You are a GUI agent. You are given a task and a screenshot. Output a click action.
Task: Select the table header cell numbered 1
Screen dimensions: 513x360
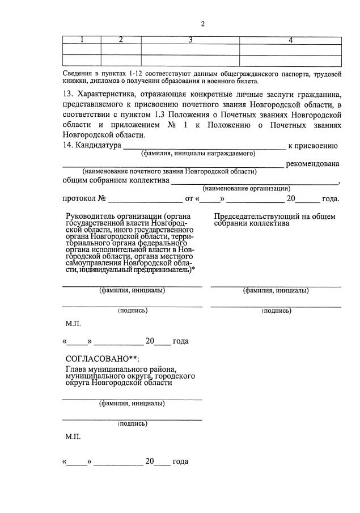pyautogui.click(x=82, y=40)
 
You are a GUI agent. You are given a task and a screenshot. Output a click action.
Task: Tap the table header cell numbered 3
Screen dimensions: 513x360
pyautogui.click(x=190, y=40)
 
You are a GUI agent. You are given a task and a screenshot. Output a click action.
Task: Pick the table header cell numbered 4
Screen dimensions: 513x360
pyautogui.click(x=290, y=40)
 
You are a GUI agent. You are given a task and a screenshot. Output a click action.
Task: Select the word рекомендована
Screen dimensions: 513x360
pyautogui.click(x=313, y=164)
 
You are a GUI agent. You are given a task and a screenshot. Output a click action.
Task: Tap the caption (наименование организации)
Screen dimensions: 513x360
pyautogui.click(x=247, y=188)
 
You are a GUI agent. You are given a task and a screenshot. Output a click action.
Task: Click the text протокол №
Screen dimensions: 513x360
pyautogui.click(x=84, y=199)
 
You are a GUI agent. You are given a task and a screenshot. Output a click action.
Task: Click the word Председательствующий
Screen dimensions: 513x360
pyautogui.click(x=257, y=216)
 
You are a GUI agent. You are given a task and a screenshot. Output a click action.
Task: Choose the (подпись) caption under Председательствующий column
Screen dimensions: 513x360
pyautogui.click(x=276, y=311)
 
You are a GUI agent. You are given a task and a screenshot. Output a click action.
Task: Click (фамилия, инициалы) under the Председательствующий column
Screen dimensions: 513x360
pyautogui.click(x=276, y=291)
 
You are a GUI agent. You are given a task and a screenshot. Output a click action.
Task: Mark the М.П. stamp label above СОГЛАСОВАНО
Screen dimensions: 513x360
pyautogui.click(x=73, y=323)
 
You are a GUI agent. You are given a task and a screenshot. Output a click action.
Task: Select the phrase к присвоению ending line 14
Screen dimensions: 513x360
pyautogui.click(x=313, y=146)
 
